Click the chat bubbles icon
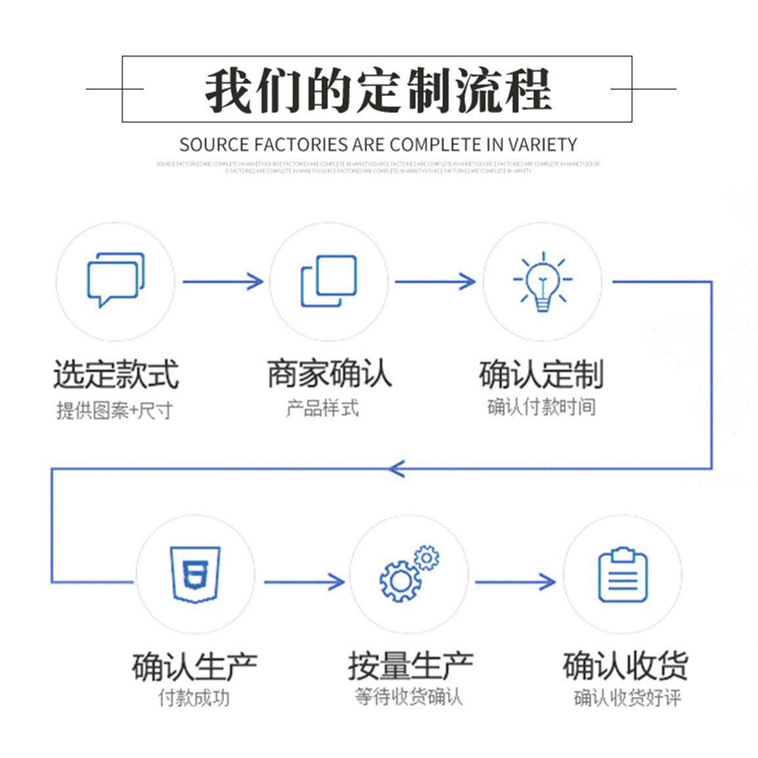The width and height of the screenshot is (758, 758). (x=116, y=280)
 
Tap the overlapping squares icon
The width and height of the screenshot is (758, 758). (x=328, y=281)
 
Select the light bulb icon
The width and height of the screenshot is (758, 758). (x=542, y=281)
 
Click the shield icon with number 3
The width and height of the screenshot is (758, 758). (x=195, y=574)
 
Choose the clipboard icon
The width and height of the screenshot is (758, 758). (x=623, y=575)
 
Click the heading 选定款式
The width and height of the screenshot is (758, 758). (x=116, y=374)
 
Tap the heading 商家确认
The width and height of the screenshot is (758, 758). (x=329, y=373)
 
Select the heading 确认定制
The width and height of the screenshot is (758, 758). (x=541, y=374)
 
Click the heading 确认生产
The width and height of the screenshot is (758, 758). (x=194, y=667)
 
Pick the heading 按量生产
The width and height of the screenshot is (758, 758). (x=410, y=667)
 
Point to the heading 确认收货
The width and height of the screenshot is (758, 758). (x=625, y=665)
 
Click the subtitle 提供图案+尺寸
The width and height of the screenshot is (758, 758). (x=114, y=411)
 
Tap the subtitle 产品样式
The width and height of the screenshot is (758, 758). (x=323, y=408)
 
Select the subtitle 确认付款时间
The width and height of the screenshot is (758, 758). (x=541, y=407)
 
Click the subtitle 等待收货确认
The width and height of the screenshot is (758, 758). (x=409, y=696)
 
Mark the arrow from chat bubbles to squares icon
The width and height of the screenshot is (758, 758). (x=223, y=282)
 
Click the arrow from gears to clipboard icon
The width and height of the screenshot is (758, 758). (x=515, y=581)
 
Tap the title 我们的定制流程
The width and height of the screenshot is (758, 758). (x=377, y=90)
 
